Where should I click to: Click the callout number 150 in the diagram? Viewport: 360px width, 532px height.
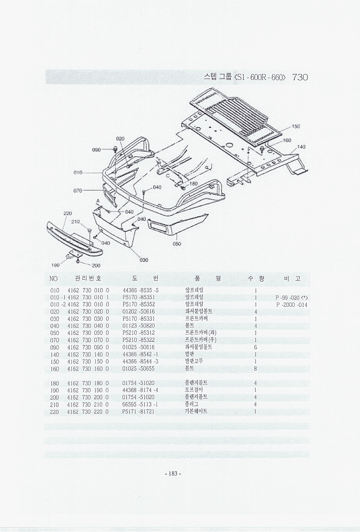tap(296, 126)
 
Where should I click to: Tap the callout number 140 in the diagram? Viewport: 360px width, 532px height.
tap(302, 147)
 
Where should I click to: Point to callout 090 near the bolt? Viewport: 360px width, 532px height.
tap(97, 149)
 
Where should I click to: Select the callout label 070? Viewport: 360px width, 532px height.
tap(78, 190)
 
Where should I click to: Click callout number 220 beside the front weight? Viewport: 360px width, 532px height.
tap(68, 213)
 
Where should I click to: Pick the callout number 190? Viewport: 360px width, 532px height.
tap(55, 265)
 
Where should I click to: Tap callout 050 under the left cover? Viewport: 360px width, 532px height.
tap(177, 244)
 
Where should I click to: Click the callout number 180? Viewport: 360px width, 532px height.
tap(194, 183)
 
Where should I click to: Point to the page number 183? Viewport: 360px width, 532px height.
tap(173, 474)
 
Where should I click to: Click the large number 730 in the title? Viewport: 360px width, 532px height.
tap(299, 77)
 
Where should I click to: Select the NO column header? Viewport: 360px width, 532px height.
tap(54, 279)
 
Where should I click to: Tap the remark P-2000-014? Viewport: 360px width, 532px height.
tap(291, 305)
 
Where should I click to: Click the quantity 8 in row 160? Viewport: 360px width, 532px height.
tap(256, 368)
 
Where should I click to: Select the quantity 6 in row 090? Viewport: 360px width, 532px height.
tap(256, 347)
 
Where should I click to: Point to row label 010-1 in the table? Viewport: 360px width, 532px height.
tap(57, 298)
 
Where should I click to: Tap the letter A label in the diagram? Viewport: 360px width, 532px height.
tap(97, 202)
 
